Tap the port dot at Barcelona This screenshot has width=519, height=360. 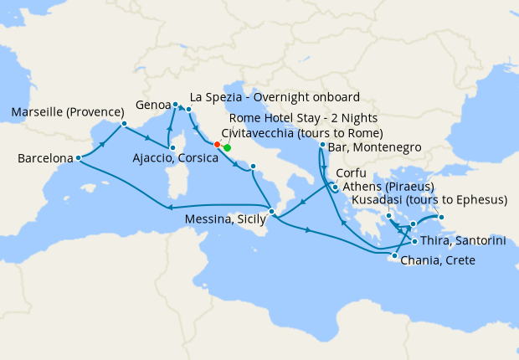pos(78,157)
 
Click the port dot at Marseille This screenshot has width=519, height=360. pos(124,125)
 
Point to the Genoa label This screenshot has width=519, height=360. pos(153,106)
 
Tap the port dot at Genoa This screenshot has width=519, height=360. pos(176,105)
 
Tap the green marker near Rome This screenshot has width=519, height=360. pos(227,147)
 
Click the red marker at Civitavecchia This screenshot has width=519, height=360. pos(217,144)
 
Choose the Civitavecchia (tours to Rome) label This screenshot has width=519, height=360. pos(302,133)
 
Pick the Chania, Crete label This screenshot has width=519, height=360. pos(438,261)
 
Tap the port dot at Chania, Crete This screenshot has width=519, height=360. pos(394,255)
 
